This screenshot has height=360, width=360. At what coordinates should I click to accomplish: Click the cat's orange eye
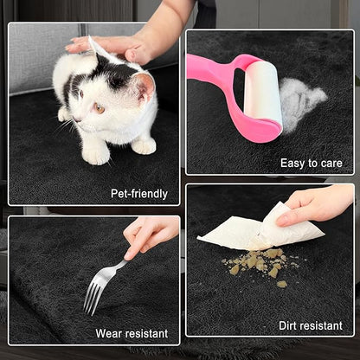(100, 108)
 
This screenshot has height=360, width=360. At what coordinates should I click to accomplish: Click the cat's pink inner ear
(145, 86)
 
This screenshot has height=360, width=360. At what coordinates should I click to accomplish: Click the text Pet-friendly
(139, 194)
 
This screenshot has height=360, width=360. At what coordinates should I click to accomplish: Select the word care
(331, 164)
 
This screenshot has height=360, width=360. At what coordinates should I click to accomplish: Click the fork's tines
(93, 297)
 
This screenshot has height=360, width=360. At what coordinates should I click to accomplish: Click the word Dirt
(289, 325)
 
